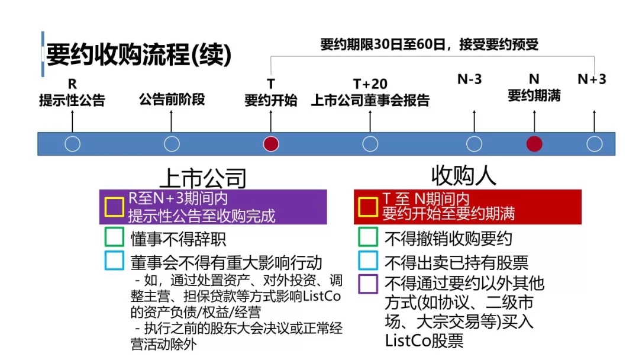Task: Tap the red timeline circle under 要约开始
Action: (x=271, y=144)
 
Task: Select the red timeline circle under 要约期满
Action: (x=534, y=144)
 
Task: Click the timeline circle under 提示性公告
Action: (x=72, y=144)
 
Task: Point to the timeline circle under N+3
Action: (x=594, y=144)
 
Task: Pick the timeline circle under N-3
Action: (x=474, y=144)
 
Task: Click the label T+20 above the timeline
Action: (x=370, y=84)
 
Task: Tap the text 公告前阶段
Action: (x=172, y=99)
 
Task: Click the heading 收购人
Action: (x=463, y=175)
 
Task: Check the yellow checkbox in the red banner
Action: (x=368, y=207)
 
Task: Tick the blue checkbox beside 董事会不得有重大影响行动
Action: (x=114, y=261)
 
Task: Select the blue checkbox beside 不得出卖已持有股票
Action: (x=368, y=261)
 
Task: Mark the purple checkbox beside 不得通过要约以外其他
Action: (x=368, y=284)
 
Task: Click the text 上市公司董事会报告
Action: (x=370, y=100)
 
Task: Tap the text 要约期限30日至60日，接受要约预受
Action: (x=429, y=44)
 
